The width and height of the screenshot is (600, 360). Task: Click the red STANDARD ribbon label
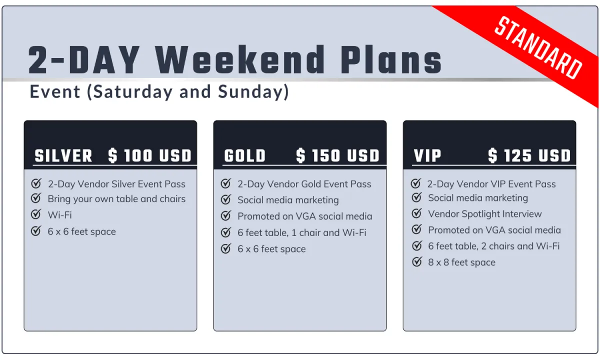click(x=538, y=47)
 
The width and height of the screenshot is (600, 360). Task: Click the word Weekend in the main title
click(x=240, y=59)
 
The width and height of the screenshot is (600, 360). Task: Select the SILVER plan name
click(x=63, y=156)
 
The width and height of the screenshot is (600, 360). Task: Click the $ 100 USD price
click(x=149, y=156)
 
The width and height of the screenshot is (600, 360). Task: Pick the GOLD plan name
click(x=245, y=156)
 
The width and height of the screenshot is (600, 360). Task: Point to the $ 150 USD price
click(x=338, y=156)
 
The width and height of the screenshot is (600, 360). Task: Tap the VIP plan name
click(x=427, y=156)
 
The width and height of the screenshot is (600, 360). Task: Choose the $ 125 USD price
click(x=529, y=156)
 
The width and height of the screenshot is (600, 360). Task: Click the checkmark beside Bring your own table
click(x=36, y=198)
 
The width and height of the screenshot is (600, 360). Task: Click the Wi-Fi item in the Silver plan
click(x=59, y=215)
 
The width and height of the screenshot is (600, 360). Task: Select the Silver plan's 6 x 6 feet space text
click(x=81, y=231)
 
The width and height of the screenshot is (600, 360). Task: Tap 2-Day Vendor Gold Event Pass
click(x=304, y=184)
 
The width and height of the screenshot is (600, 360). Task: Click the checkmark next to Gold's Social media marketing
click(x=226, y=199)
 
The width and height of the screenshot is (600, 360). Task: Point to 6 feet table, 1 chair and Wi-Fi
click(x=302, y=233)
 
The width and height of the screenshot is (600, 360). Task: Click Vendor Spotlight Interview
click(x=485, y=214)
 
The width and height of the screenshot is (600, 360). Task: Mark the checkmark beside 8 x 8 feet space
click(x=417, y=261)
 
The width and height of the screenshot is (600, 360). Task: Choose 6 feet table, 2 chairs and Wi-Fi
click(x=493, y=246)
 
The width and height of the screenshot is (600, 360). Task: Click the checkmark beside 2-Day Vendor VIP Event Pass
click(x=415, y=183)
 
